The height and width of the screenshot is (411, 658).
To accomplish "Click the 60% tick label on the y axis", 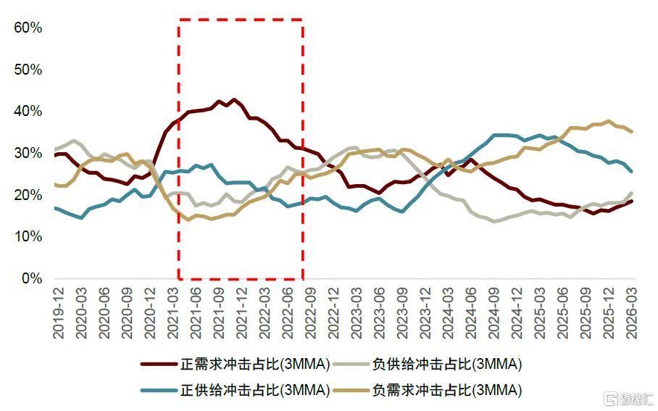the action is [28, 28].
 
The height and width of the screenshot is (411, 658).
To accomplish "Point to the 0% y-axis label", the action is [32, 278].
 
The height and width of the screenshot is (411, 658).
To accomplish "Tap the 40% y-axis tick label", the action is [28, 111].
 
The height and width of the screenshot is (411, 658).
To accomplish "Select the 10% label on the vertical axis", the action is [28, 236].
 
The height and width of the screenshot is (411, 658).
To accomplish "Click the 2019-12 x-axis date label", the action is [58, 312].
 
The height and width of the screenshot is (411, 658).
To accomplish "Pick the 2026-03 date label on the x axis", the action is [631, 312].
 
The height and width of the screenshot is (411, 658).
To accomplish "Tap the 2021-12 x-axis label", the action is [242, 312].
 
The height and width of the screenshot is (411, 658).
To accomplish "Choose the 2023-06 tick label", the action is [379, 312].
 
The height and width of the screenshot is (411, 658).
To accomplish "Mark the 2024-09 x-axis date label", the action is [494, 312].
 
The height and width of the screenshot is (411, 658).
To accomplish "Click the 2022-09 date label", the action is [311, 312].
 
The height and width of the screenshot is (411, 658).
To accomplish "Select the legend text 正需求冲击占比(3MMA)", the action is [255, 364].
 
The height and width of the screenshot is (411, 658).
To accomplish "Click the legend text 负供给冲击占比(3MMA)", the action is [447, 364].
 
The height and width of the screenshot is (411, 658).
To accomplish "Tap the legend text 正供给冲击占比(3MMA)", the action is [255, 391].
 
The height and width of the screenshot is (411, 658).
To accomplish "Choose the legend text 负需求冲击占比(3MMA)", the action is [447, 391].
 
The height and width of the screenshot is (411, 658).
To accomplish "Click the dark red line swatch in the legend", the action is [159, 364].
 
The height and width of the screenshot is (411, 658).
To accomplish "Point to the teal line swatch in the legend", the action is [159, 391].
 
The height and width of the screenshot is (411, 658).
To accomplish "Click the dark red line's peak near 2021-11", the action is [234, 100].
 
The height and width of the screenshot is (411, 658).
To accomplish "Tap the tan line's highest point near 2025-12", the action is [609, 121].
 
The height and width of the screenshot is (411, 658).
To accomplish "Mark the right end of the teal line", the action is [631, 171].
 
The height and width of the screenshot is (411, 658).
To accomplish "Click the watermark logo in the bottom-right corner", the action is [628, 399].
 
